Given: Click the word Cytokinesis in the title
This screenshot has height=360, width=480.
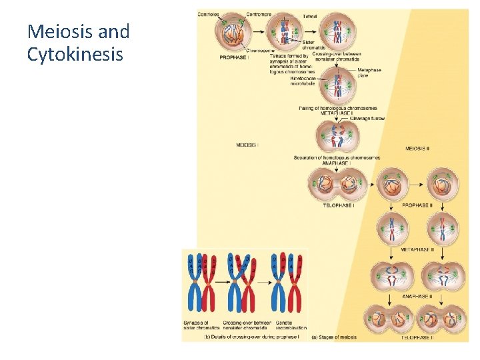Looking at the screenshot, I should point(75,55).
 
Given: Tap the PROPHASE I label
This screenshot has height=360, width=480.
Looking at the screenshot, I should point(234,57).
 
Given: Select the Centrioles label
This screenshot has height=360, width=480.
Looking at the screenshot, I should point(209,14).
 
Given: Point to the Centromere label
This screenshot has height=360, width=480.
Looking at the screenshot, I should point(259,14).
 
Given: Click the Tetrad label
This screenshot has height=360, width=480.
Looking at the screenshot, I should point(309,15).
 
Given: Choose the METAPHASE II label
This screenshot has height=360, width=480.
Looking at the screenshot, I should point(417,250).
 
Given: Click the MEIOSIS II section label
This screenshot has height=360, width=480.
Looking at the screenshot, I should point(417,148).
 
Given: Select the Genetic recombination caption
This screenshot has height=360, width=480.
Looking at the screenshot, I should point(290,325).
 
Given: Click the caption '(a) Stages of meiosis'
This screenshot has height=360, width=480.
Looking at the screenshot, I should point(333,337).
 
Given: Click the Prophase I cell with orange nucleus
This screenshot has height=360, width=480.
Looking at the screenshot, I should point(231,33).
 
